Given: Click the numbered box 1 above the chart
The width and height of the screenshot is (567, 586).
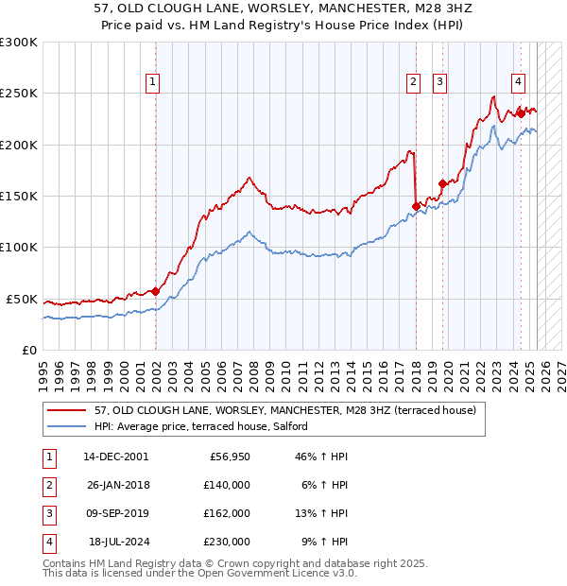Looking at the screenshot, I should point(152,82).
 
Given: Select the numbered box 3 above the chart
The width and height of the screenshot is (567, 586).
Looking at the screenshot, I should point(440,82).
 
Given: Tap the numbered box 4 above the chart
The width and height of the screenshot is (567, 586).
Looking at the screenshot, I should point(519,82).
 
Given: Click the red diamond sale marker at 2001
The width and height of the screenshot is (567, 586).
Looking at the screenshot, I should point(156,291).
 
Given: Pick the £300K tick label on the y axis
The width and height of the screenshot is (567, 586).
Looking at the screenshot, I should point(19,43).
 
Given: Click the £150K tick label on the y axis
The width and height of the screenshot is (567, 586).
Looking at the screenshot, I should point(19,196).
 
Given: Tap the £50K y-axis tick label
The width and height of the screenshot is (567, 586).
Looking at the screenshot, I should point(22,299).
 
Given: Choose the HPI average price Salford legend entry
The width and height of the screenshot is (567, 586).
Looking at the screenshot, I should point(200,426).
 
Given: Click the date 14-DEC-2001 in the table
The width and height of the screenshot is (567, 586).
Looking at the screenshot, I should point(115,457).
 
